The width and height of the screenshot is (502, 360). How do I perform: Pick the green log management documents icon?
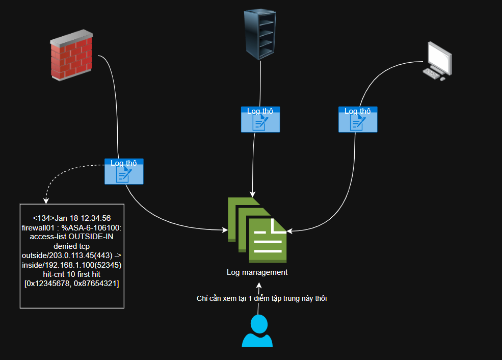(x=257, y=230)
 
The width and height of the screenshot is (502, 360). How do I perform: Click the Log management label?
(x=257, y=272)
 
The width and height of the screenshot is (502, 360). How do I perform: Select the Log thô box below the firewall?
(x=124, y=172)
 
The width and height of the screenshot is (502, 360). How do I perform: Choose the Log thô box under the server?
(x=260, y=120)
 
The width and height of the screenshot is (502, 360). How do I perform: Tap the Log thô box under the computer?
(x=358, y=120)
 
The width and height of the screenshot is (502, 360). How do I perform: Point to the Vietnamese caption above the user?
(x=261, y=298)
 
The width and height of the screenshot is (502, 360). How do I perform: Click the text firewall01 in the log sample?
(x=39, y=227)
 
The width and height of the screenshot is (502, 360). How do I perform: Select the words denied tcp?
(x=72, y=246)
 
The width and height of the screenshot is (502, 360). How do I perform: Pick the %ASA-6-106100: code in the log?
(x=91, y=227)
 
